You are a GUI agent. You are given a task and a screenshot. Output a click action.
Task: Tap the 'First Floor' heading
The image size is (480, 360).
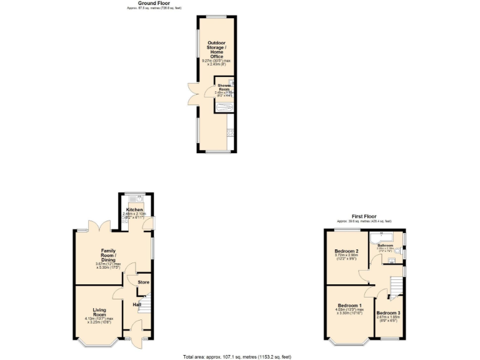pos(364,216)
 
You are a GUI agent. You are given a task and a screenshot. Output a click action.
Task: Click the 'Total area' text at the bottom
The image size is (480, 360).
pos(237,356)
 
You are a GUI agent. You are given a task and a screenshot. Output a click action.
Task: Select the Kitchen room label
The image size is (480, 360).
pos(135,209)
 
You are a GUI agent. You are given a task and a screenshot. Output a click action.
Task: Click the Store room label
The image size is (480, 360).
pos(144,282)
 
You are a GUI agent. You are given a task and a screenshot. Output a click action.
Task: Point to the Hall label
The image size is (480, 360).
pos(137,304)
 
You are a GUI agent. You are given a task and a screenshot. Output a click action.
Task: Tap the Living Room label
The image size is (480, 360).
pos(100,312)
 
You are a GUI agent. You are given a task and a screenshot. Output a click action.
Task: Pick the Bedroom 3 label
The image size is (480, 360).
pos(387,312)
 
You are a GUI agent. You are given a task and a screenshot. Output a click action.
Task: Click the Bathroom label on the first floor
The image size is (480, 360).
pos(385,246)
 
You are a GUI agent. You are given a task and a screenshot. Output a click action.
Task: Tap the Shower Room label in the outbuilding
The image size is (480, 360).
pos(224,87)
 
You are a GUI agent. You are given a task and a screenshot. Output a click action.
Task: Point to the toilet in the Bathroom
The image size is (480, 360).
pos(399,252)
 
